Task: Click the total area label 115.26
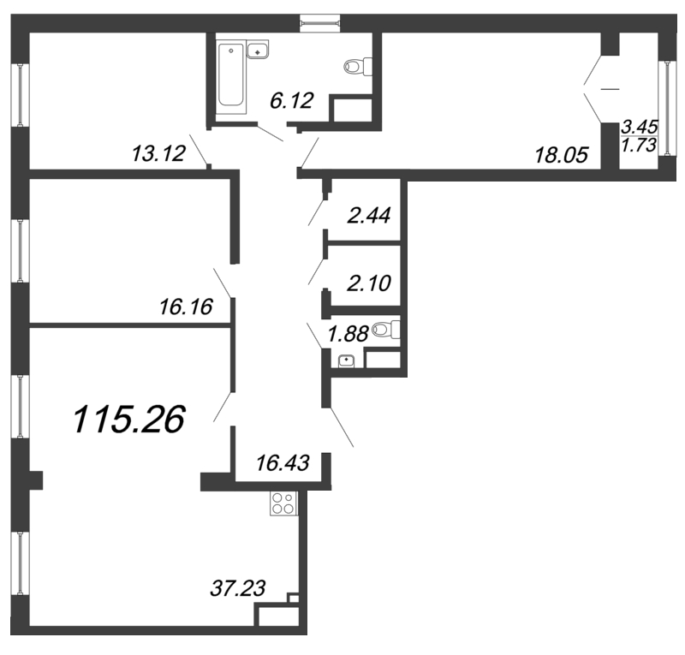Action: pos(129,420)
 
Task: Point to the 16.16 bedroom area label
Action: pos(185,305)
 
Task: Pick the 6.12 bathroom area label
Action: pos(290,101)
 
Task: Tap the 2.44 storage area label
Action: pos(369,215)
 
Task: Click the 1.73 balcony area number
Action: pos(641,146)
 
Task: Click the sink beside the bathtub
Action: pos(258,52)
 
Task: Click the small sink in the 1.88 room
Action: pos(345,360)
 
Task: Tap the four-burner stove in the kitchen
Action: pos(283,505)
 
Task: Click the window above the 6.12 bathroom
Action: pos(321,23)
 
